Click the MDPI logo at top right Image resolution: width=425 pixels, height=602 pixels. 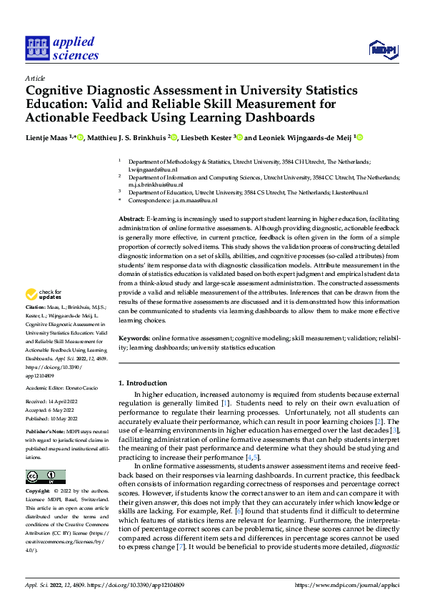pos(382,49)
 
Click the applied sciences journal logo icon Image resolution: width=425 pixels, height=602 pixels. pos(35,49)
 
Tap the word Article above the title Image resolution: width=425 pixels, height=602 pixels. pos(34,77)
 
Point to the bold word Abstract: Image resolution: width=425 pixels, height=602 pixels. pos(131,217)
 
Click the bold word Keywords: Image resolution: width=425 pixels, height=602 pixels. pos(134,337)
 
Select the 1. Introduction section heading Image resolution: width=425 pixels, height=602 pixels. pos(144,383)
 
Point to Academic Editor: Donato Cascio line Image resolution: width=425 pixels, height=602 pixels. pos(61,388)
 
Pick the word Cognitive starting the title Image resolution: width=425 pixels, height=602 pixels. pos(58,91)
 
